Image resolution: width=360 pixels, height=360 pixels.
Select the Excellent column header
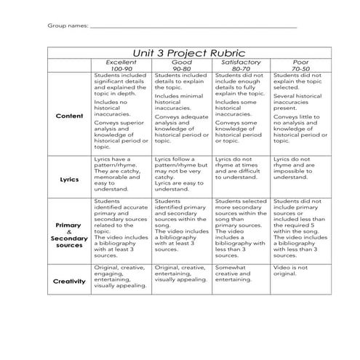coord(121,63)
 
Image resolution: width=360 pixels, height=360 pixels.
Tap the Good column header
coord(182,63)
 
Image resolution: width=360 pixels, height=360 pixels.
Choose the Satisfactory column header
coord(241,63)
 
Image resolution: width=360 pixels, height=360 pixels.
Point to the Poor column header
coord(300,63)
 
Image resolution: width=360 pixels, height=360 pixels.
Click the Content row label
coord(69,116)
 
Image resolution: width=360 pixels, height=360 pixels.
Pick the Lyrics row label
coord(69,177)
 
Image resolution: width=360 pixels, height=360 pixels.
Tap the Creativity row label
coord(69,280)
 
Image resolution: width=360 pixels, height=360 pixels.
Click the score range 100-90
coord(121,69)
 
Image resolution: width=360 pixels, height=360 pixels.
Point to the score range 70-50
coord(300,69)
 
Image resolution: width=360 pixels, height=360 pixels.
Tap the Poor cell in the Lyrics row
coord(298,168)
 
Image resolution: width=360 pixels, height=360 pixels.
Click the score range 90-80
coord(182,69)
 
